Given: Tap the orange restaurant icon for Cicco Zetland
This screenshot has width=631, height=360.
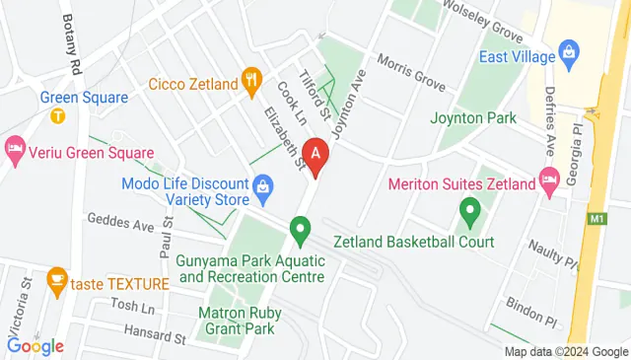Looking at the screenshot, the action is [x=251, y=79].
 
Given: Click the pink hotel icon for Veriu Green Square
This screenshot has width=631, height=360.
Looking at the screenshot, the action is [x=15, y=152].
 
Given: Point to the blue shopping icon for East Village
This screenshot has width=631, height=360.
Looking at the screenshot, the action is [x=567, y=50].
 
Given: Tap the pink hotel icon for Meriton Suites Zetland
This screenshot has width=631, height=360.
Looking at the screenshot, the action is [x=548, y=181].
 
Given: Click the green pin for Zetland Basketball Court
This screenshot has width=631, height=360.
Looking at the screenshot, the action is [x=469, y=210].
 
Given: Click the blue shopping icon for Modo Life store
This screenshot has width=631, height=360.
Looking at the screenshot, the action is [x=262, y=184].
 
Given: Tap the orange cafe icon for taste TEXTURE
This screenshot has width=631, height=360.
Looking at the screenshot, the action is [x=56, y=278].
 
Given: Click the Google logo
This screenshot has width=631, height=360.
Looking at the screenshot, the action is [x=35, y=345].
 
